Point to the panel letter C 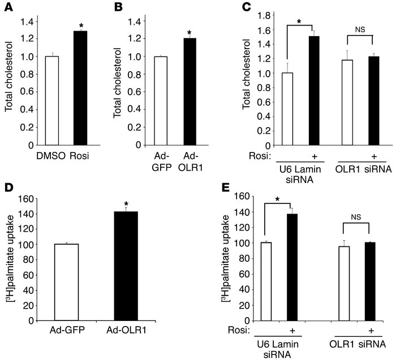click(x=247, y=7)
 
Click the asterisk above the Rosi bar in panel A click(x=83, y=26)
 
